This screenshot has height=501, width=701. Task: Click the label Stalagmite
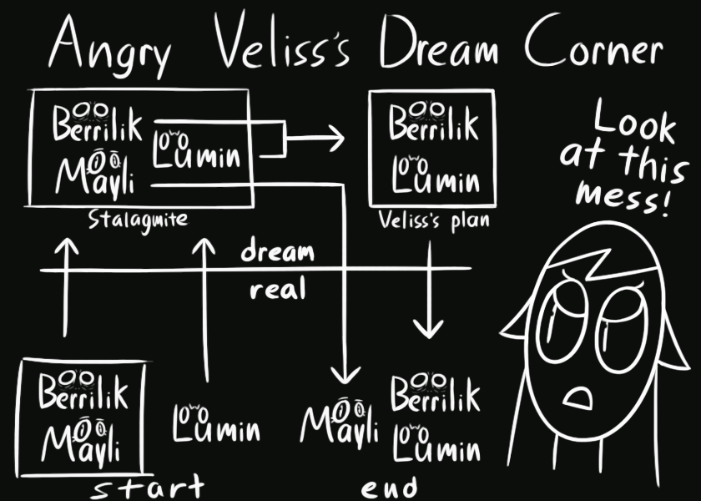point(138,221)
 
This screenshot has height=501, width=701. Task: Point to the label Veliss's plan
point(433,222)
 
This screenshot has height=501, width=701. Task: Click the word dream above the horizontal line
point(277,251)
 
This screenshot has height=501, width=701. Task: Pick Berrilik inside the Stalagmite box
point(97,124)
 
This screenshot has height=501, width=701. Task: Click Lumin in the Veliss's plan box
point(435,175)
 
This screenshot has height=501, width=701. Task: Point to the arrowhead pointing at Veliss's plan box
point(335,138)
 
